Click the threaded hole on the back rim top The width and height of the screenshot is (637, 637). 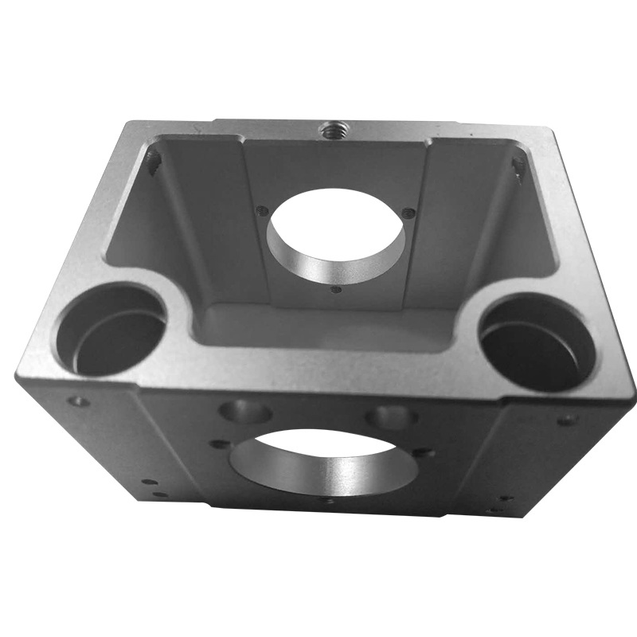pyautogui.click(x=329, y=127)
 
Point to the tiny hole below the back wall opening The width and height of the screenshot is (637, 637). pyautogui.click(x=335, y=290)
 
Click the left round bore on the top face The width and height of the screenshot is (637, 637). pyautogui.click(x=110, y=330)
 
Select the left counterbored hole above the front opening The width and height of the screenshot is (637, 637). pyautogui.click(x=245, y=412)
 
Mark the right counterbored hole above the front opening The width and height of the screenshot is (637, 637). pyautogui.click(x=392, y=416)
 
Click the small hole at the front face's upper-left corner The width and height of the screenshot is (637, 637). pyautogui.click(x=78, y=401)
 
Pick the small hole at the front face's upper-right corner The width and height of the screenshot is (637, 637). pyautogui.click(x=566, y=420)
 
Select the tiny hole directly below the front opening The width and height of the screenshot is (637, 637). pyautogui.click(x=328, y=501)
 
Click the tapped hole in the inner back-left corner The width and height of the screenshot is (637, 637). pyautogui.click(x=154, y=163)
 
